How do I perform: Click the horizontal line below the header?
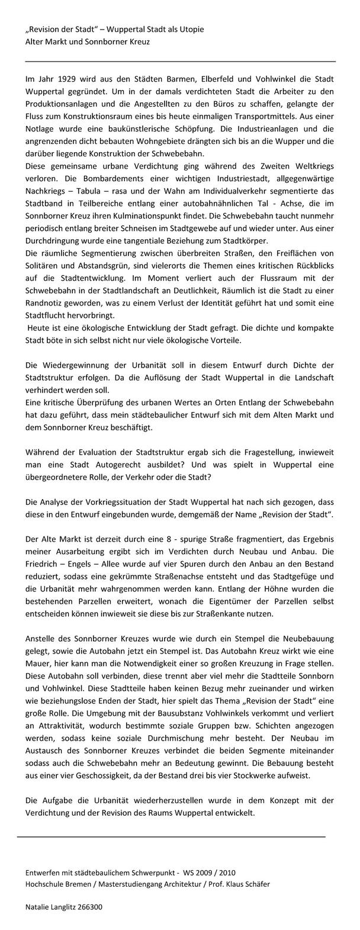(181, 60)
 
